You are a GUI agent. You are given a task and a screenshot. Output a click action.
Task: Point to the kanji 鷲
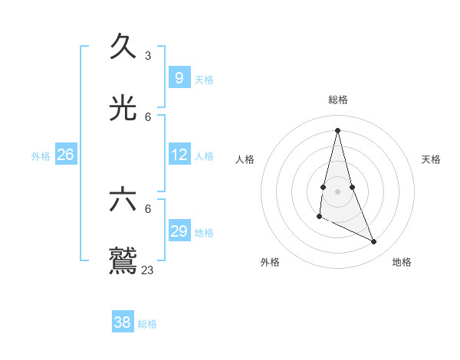(x=123, y=260)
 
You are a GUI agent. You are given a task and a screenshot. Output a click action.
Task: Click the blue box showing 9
(x=179, y=78)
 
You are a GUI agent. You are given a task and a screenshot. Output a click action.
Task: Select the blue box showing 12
(x=179, y=155)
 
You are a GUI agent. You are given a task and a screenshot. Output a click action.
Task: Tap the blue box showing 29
(x=179, y=231)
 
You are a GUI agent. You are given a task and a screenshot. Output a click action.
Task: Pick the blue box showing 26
(x=65, y=155)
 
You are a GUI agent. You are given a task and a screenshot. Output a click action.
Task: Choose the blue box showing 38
(x=122, y=322)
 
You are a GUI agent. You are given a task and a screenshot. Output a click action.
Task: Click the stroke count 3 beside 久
(x=148, y=56)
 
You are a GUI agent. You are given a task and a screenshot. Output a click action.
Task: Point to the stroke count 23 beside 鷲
(x=148, y=270)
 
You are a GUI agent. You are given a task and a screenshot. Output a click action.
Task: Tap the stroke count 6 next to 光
(x=148, y=117)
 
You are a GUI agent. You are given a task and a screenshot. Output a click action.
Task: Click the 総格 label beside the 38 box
(x=147, y=324)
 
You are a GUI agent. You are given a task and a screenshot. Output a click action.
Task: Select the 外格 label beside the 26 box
(x=41, y=156)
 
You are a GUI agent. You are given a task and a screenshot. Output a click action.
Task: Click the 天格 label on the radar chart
(x=431, y=159)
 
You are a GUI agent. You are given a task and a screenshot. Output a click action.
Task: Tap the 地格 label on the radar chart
(x=402, y=262)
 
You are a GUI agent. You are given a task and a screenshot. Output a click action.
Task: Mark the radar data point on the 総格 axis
(x=337, y=129)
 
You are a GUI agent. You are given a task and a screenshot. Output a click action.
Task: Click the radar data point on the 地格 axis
(x=374, y=241)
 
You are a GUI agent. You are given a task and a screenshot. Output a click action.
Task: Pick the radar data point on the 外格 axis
(x=319, y=217)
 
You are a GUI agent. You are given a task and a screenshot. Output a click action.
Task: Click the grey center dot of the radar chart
(x=337, y=191)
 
